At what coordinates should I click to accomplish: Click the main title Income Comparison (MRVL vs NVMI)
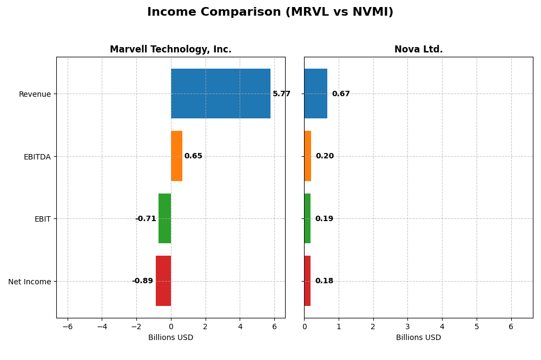click(x=270, y=12)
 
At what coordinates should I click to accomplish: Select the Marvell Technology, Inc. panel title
click(x=170, y=49)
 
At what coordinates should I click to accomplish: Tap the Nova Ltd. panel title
click(x=418, y=49)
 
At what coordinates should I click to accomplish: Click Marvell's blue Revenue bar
click(x=220, y=94)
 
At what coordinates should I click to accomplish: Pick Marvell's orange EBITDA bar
click(x=176, y=156)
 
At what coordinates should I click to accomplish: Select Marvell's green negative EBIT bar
click(x=164, y=218)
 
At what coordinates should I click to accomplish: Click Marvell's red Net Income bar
click(x=163, y=281)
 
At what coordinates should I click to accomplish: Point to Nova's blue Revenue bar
click(x=315, y=94)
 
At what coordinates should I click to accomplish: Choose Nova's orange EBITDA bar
click(x=307, y=156)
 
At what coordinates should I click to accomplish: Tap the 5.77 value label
click(x=281, y=94)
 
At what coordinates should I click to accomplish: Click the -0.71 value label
click(x=146, y=219)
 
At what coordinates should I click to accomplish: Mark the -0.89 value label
click(x=142, y=281)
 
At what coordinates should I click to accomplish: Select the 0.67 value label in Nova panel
click(x=341, y=94)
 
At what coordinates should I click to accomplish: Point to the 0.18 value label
click(x=324, y=281)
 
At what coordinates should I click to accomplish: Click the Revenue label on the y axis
click(x=35, y=94)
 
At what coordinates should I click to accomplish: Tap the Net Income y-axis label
click(x=30, y=282)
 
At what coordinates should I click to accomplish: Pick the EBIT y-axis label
click(x=42, y=219)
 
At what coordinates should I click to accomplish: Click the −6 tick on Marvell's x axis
click(x=67, y=327)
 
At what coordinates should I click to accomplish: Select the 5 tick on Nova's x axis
click(x=476, y=327)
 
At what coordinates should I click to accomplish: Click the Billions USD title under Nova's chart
click(x=418, y=338)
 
